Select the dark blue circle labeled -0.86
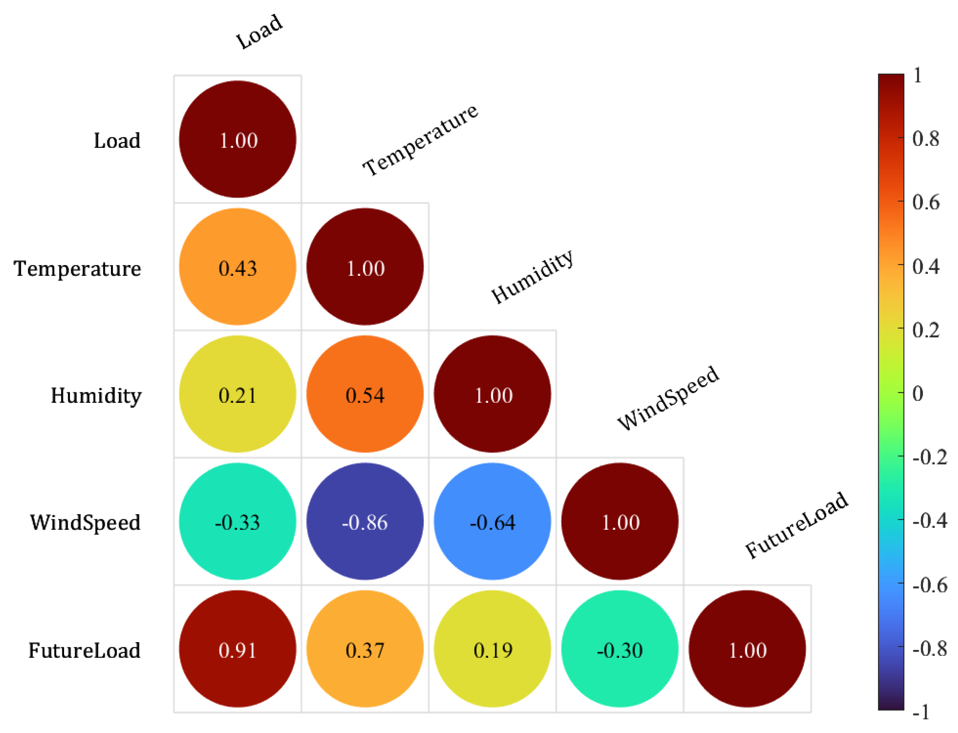pos(365,522)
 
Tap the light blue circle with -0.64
pos(492,522)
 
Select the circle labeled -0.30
pos(620,649)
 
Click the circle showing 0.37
pos(365,649)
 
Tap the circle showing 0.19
pos(492,649)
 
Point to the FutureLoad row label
pos(84,650)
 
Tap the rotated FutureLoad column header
pos(796,525)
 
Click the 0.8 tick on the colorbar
pos(925,139)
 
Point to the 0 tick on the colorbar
pos(917,393)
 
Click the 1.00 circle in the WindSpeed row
pos(620,522)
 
